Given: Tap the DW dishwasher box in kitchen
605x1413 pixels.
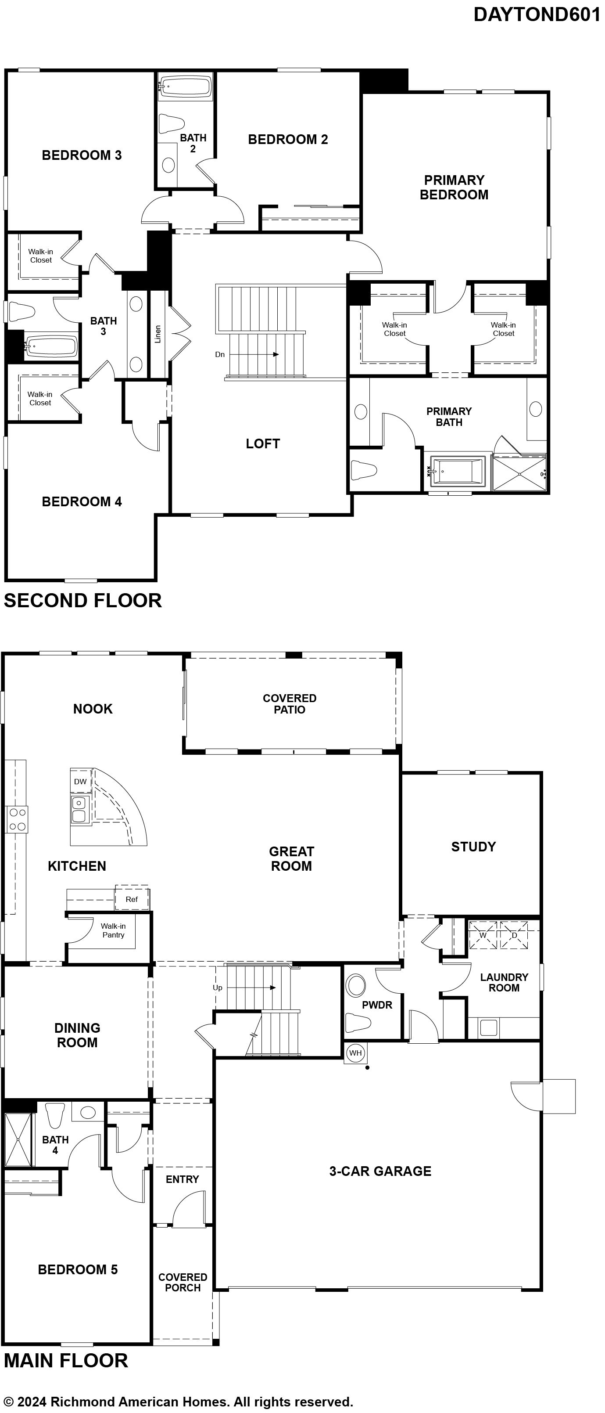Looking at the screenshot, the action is (80, 782).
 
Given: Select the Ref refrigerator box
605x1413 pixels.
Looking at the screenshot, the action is (132, 899).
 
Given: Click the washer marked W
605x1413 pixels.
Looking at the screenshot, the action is (483, 935).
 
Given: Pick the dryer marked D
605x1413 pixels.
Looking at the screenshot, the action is (514, 935).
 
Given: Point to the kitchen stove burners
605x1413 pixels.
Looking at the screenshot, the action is (16, 819).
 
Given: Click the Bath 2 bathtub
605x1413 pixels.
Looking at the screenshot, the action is (185, 88).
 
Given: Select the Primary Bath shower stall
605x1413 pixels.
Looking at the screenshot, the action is (519, 472).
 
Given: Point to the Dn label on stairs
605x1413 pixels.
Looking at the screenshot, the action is (220, 354).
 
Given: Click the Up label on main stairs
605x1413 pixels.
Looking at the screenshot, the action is (218, 988).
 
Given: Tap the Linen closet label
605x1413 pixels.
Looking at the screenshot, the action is (158, 334).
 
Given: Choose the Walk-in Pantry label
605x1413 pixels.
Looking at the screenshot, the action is (114, 930).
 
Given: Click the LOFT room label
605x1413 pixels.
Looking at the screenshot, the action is (263, 444).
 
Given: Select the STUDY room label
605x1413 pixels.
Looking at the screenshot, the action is (473, 847).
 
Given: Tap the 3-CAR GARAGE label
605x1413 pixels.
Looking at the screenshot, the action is (380, 1171).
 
